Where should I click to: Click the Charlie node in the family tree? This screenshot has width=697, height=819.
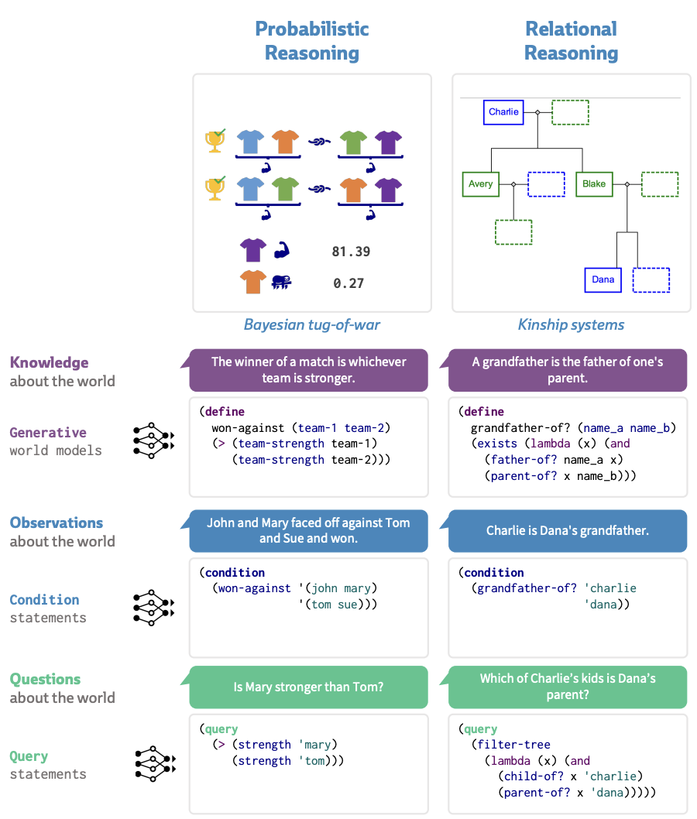tap(503, 111)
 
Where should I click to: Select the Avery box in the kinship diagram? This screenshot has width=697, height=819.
tap(480, 183)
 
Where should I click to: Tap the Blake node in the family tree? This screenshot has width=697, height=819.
tap(594, 183)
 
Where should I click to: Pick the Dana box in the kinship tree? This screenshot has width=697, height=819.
tap(603, 279)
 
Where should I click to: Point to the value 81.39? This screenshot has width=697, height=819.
tap(351, 251)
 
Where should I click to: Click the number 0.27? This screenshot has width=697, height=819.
tap(348, 283)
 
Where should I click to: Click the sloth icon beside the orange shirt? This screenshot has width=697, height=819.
tap(280, 283)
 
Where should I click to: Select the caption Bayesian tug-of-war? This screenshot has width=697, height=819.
tap(311, 324)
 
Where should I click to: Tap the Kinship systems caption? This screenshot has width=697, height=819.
tap(571, 324)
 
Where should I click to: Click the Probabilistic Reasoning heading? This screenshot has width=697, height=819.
tap(312, 41)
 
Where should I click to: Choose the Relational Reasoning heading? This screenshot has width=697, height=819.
tap(571, 41)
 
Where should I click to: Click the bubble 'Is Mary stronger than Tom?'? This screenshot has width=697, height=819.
tap(308, 687)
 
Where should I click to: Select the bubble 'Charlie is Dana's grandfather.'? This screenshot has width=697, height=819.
tap(568, 531)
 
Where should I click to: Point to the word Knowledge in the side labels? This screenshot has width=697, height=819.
tap(49, 362)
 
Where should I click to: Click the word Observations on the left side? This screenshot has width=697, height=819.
tap(57, 523)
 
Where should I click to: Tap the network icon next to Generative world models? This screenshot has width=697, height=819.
tap(153, 440)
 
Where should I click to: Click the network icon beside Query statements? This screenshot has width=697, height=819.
tap(153, 764)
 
